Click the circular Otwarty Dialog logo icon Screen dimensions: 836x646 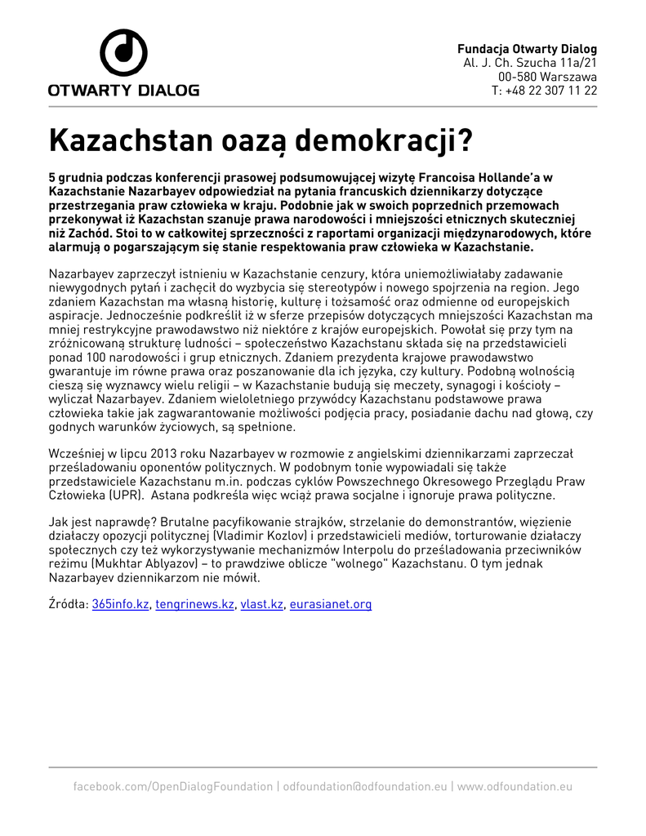(x=123, y=53)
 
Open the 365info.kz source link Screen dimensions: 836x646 (x=121, y=604)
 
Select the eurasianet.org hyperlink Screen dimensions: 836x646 (x=331, y=604)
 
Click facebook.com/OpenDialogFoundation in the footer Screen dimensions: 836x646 (x=173, y=787)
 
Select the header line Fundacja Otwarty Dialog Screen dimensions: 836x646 (x=527, y=49)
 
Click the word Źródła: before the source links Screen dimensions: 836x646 (x=69, y=604)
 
